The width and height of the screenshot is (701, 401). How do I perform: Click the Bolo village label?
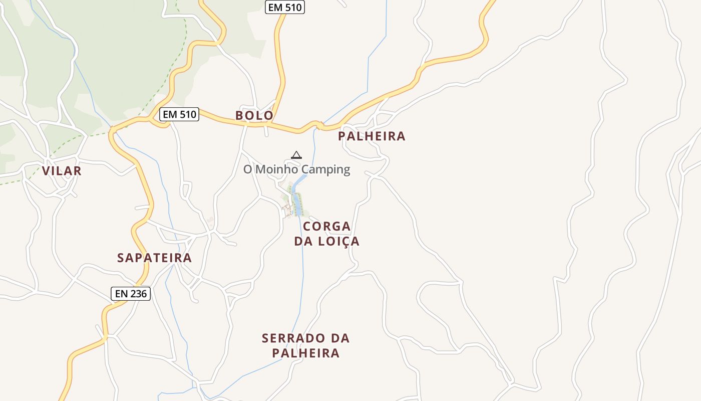click(254, 115)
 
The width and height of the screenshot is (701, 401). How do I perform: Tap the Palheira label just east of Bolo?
click(372, 136)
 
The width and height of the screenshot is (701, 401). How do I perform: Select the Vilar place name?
click(62, 171)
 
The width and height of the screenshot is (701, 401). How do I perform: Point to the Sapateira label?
click(154, 258)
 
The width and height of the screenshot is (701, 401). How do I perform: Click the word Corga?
click(327, 226)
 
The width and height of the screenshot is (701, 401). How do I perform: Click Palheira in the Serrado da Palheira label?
click(306, 353)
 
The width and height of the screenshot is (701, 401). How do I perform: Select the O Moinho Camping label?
click(296, 169)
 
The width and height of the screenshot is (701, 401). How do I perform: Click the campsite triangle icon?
click(296, 155)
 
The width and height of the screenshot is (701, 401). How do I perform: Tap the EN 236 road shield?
click(131, 293)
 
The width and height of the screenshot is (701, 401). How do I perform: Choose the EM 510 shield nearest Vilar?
click(180, 114)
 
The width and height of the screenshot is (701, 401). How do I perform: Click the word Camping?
click(326, 169)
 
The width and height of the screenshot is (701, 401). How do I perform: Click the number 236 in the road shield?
click(138, 293)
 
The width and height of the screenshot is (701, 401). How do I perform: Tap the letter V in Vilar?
click(46, 171)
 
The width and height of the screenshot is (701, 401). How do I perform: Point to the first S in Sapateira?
click(121, 258)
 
